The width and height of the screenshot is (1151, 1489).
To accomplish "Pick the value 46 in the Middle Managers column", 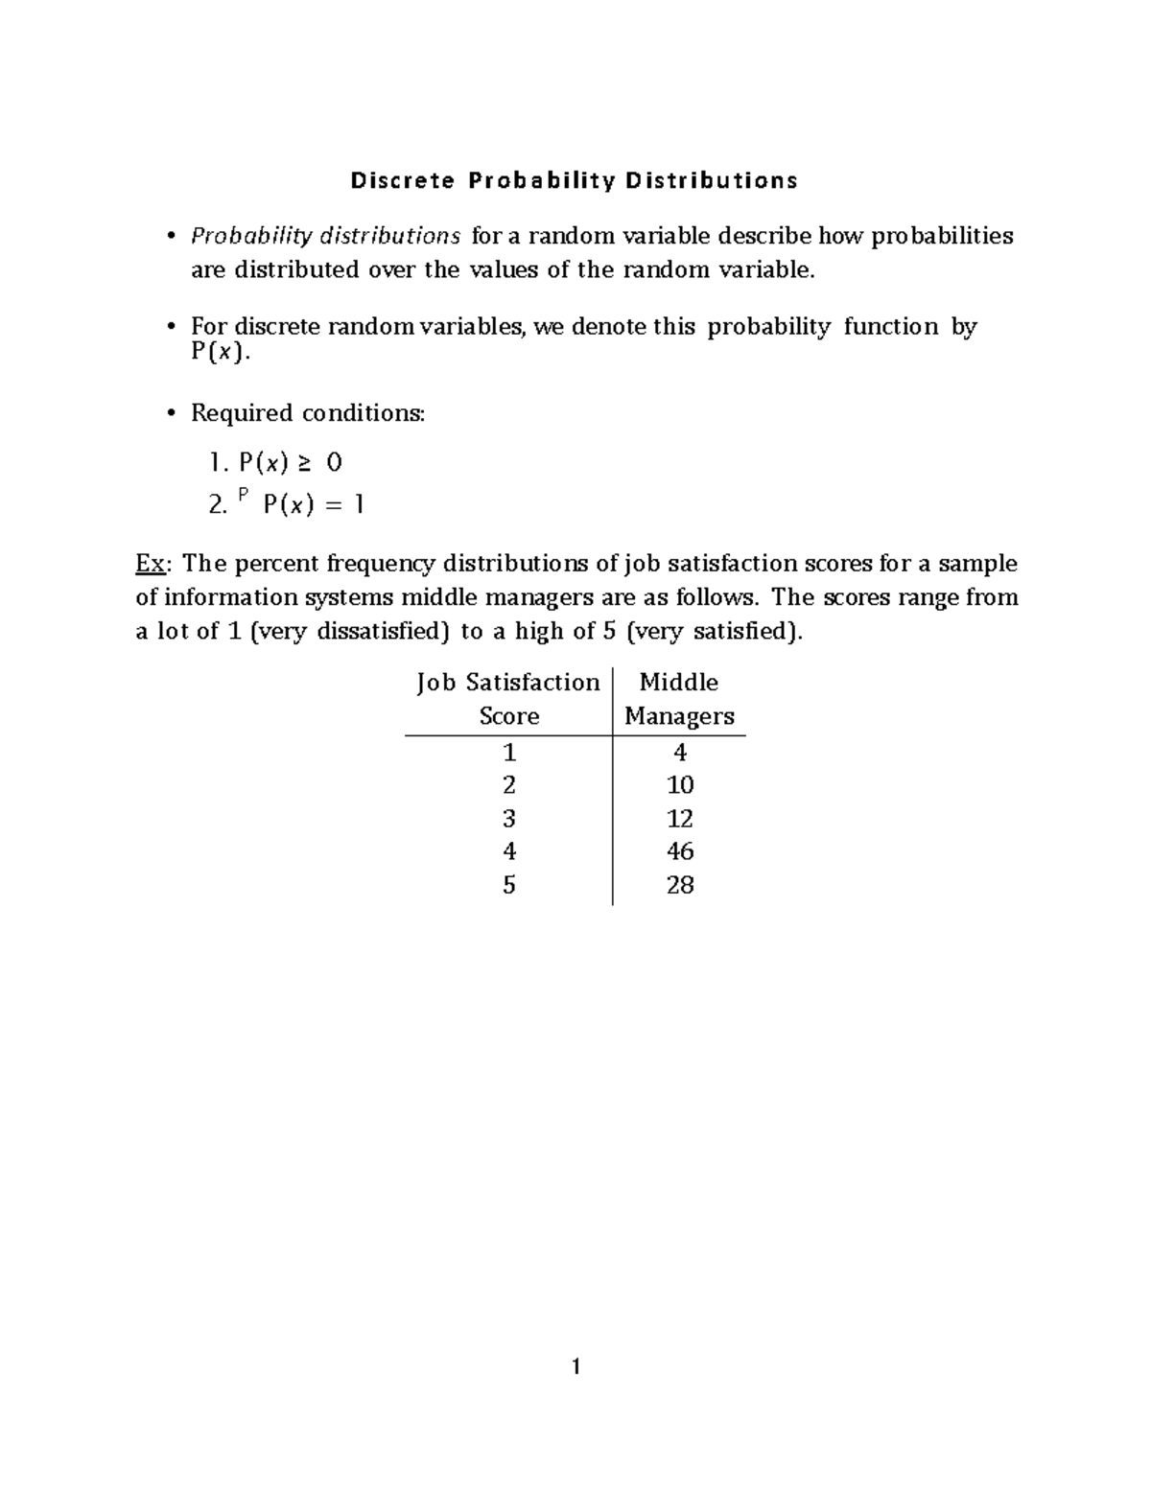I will [679, 851].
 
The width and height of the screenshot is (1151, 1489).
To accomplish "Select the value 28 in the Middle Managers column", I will [679, 885].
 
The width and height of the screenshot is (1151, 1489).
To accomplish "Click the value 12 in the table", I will [679, 818].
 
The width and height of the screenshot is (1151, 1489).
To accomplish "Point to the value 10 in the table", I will [679, 785].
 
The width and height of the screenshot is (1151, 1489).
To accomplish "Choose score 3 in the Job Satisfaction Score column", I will [508, 818].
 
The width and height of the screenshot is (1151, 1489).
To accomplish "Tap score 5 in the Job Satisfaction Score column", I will [508, 885].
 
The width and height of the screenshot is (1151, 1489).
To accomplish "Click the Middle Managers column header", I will [679, 699].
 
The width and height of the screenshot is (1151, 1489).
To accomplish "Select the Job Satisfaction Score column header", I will [508, 699].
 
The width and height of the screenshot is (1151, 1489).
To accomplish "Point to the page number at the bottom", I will [575, 1366].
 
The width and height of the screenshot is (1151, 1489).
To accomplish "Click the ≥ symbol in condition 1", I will [303, 464].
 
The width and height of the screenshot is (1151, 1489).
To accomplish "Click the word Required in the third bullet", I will [243, 413].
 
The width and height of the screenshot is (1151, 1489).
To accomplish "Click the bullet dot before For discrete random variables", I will [171, 327].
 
